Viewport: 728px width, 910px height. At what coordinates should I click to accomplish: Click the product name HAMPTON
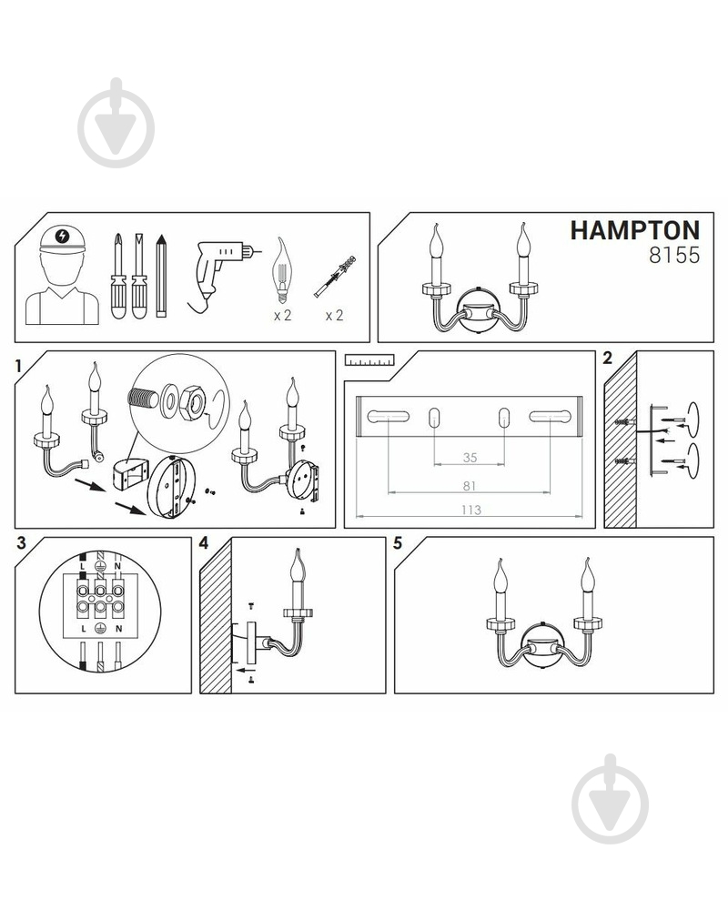(x=634, y=230)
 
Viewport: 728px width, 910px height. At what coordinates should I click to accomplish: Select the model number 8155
(x=673, y=256)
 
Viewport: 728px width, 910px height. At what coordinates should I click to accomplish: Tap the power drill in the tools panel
(x=218, y=268)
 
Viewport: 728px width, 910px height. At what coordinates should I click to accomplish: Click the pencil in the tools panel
(x=162, y=277)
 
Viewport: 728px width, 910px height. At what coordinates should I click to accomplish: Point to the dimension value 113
(x=470, y=510)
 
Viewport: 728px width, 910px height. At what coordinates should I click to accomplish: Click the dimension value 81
(x=470, y=486)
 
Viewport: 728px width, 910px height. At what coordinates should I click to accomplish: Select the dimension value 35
(x=470, y=458)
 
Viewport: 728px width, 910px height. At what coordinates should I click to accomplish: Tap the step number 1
(x=18, y=365)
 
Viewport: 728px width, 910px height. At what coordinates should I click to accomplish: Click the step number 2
(x=608, y=358)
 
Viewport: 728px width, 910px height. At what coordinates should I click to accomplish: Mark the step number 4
(x=204, y=543)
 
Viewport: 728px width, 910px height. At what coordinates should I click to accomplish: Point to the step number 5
(x=398, y=543)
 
